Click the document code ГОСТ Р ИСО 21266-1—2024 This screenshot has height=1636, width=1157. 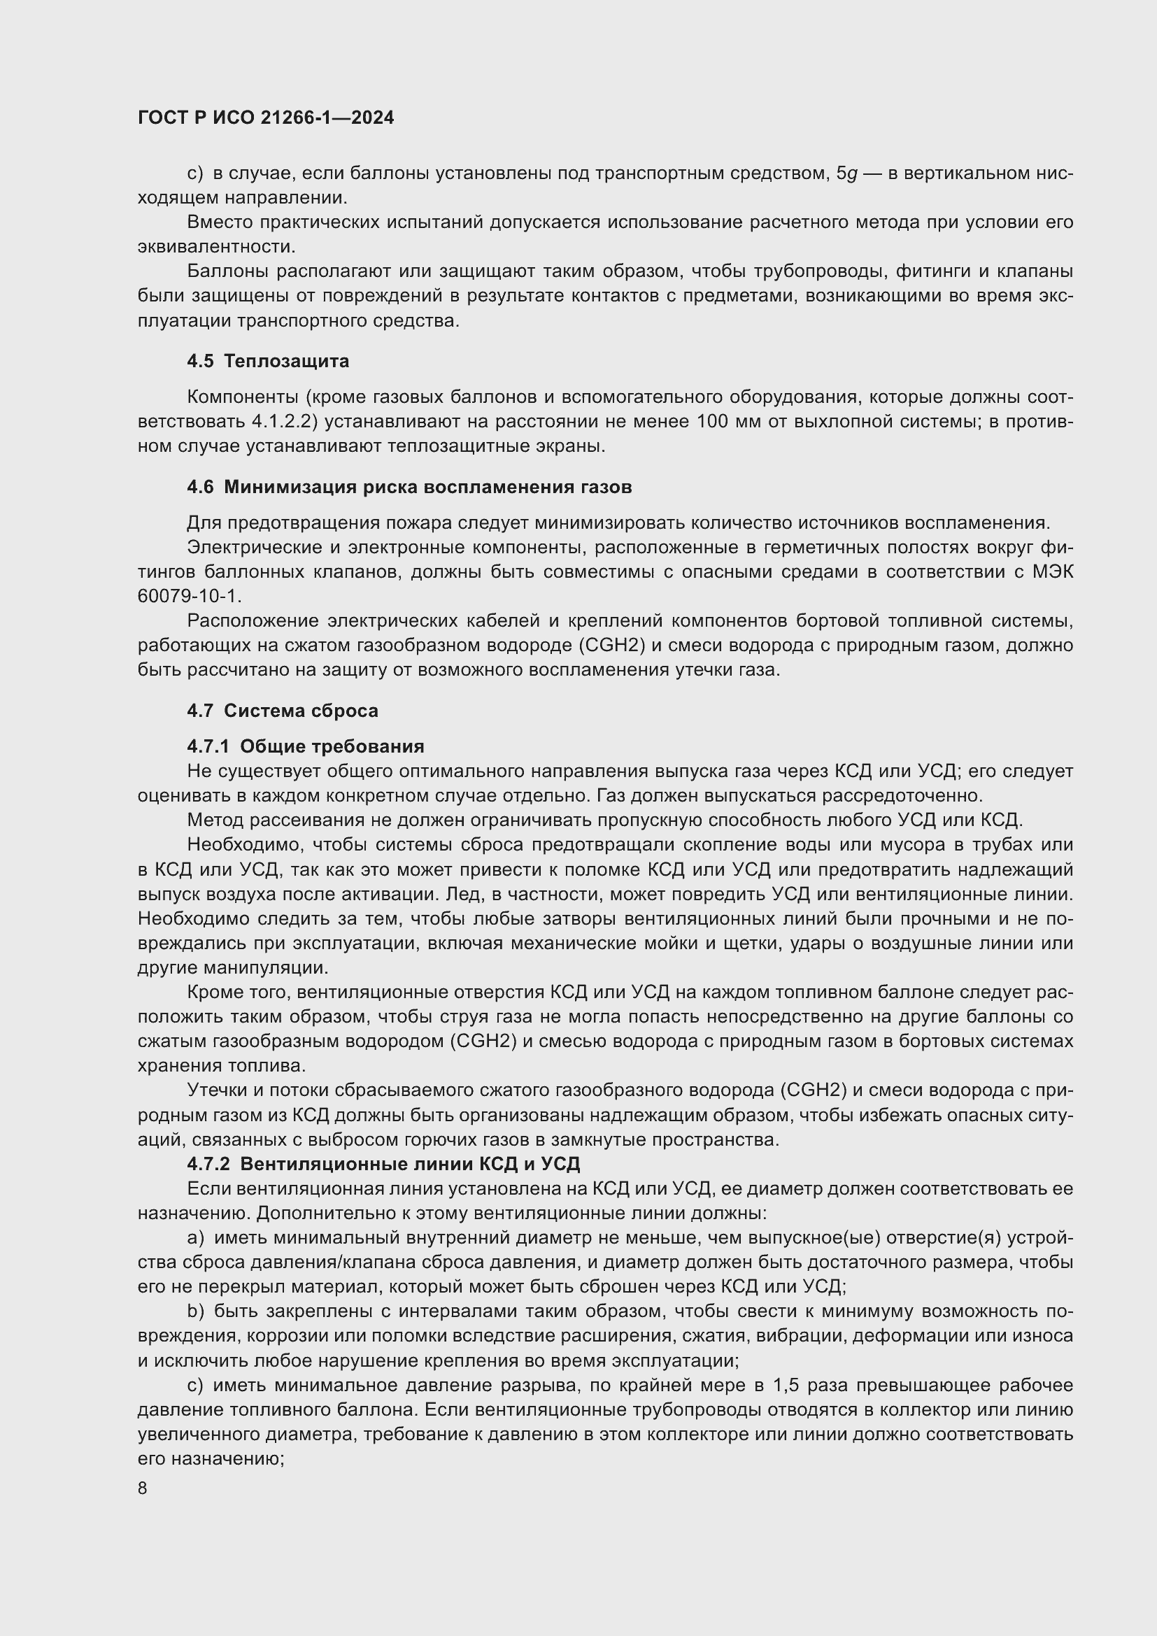click(x=266, y=118)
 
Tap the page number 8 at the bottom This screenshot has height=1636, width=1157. click(x=143, y=1488)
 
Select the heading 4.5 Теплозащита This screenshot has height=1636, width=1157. click(x=268, y=361)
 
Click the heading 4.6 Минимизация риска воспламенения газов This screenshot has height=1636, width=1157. click(x=409, y=488)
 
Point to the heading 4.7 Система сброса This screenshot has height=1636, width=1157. click(x=282, y=711)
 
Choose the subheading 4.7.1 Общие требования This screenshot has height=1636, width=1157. click(x=306, y=746)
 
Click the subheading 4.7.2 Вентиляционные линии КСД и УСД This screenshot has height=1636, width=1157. click(x=383, y=1164)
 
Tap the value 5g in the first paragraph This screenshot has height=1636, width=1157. click(x=846, y=173)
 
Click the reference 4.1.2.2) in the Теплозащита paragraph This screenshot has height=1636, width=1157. click(x=283, y=422)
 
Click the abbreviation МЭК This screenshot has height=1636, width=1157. click(x=1051, y=571)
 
